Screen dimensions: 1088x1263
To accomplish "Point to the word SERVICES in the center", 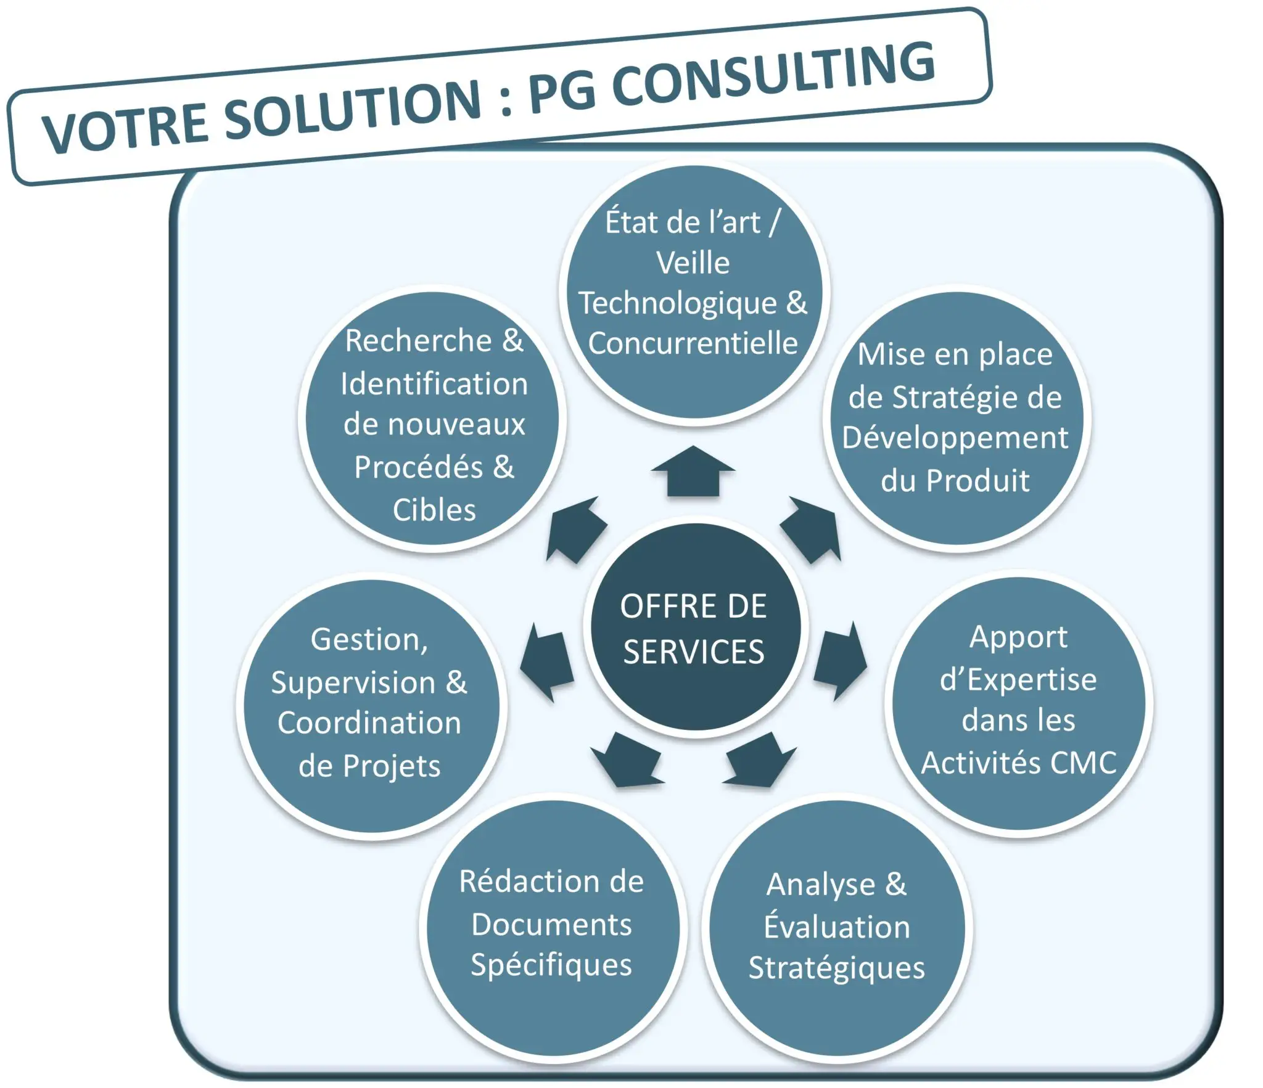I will pyautogui.click(x=693, y=652).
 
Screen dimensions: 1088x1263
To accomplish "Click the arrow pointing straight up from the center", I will pyautogui.click(x=693, y=472).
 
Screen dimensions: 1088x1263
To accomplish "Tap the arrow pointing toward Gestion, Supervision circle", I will pyautogui.click(x=546, y=663).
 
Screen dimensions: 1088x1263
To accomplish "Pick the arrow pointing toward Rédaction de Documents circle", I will pyautogui.click(x=627, y=760).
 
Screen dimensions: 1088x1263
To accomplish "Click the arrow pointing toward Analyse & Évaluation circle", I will pyautogui.click(x=759, y=760).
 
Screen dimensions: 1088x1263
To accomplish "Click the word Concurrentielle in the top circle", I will pyautogui.click(x=693, y=343).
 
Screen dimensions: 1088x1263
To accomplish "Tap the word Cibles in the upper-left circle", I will pyautogui.click(x=434, y=510).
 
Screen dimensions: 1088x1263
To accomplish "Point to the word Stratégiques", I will pyautogui.click(x=836, y=967).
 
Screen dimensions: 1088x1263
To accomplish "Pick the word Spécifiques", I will pyautogui.click(x=551, y=965).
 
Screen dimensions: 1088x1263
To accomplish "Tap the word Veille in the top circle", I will pyautogui.click(x=693, y=263).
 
